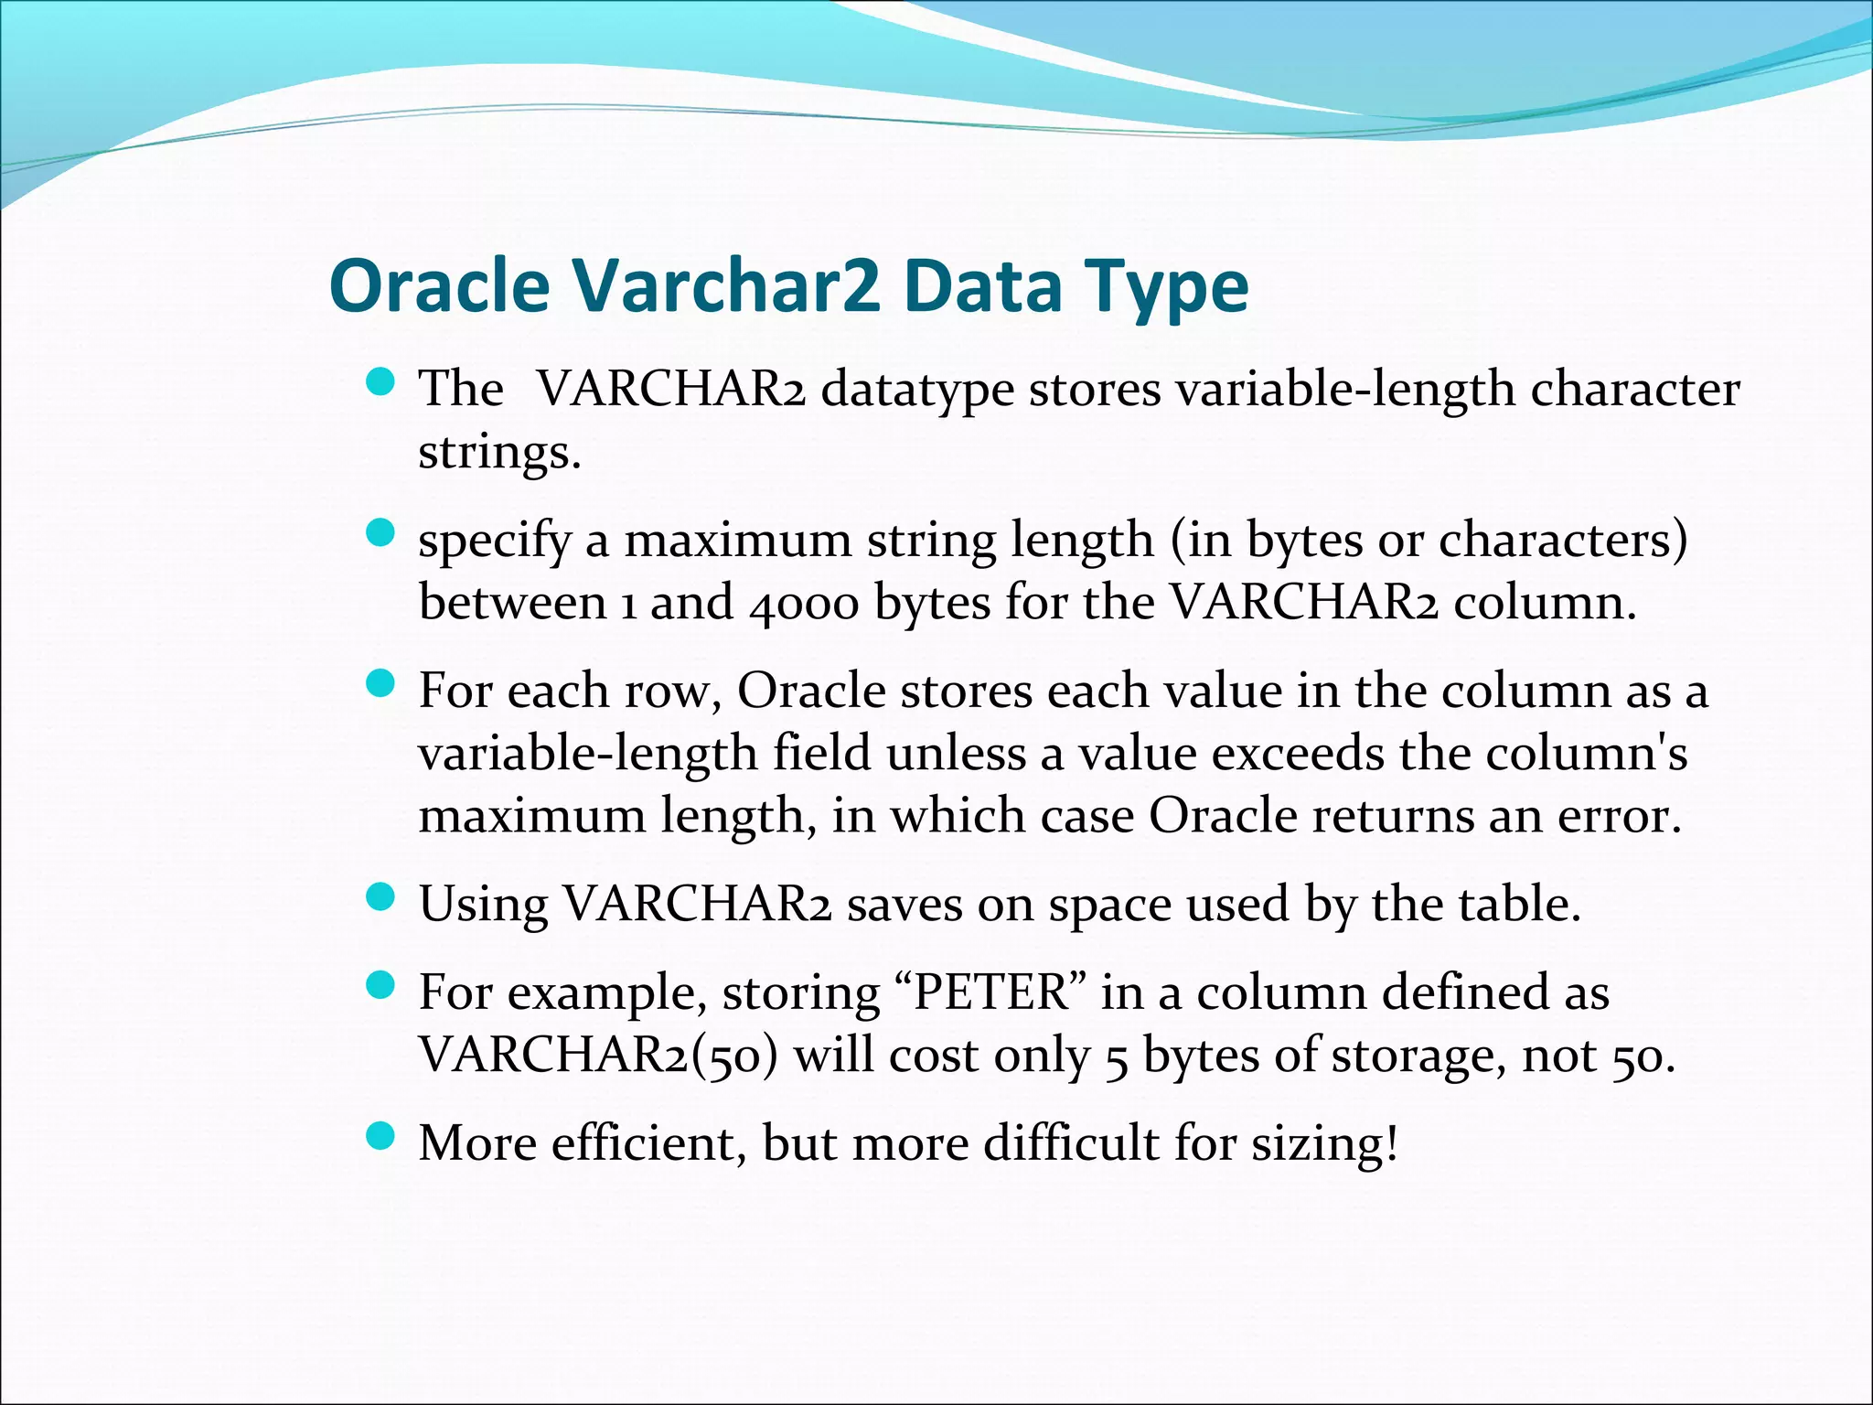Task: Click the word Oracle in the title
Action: pos(439,286)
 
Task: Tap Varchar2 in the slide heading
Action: pos(726,286)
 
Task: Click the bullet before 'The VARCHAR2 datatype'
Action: pos(380,381)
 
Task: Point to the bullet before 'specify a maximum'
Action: pos(380,532)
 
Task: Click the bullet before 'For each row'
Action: pos(380,683)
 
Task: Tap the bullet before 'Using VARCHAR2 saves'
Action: pos(380,897)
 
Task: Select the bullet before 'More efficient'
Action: pos(380,1137)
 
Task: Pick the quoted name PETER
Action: pos(991,992)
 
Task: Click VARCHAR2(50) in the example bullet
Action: pos(598,1056)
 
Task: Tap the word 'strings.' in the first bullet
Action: pos(499,452)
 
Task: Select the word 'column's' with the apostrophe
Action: pos(1586,755)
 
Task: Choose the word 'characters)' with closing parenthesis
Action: pos(1563,541)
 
